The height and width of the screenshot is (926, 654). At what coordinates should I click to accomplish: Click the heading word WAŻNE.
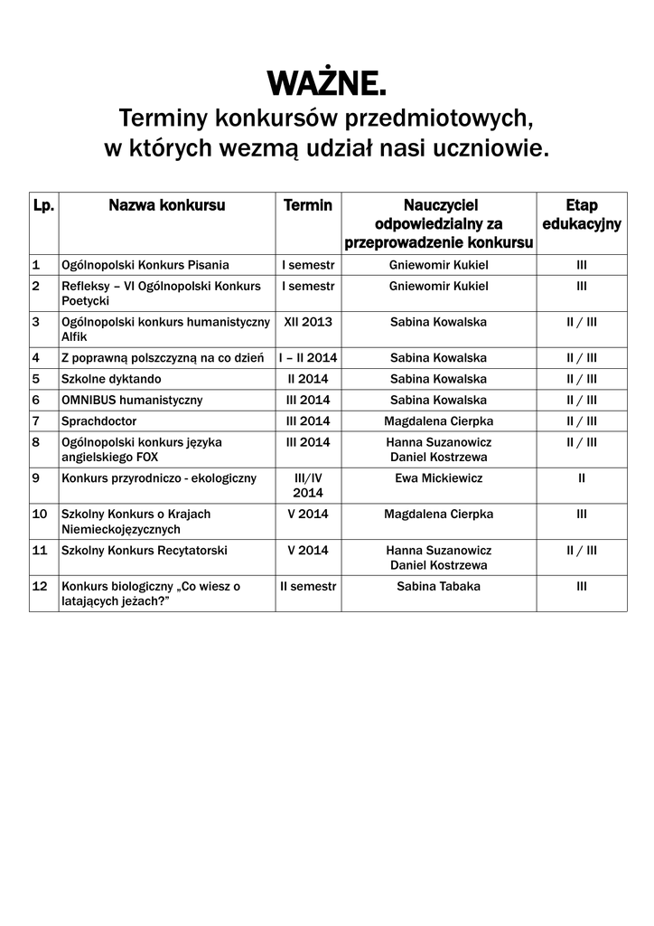pyautogui.click(x=326, y=84)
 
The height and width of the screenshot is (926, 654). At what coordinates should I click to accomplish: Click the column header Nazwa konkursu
pyautogui.click(x=167, y=206)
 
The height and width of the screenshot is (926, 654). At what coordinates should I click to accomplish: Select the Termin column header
pyautogui.click(x=308, y=206)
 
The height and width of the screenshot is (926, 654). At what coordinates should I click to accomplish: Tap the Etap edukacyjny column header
pyautogui.click(x=581, y=215)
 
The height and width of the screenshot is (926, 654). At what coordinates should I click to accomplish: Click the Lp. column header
pyautogui.click(x=43, y=206)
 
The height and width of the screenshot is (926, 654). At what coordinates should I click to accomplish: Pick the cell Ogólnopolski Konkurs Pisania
pyautogui.click(x=145, y=265)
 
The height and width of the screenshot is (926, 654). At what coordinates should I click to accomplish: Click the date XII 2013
pyautogui.click(x=308, y=321)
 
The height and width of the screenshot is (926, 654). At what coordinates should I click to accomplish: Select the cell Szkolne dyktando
pyautogui.click(x=111, y=379)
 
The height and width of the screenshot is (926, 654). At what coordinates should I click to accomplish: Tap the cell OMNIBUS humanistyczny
pyautogui.click(x=132, y=400)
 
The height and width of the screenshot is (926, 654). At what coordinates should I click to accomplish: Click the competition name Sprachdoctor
pyautogui.click(x=96, y=420)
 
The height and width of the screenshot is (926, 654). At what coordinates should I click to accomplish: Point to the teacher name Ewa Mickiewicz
pyautogui.click(x=438, y=477)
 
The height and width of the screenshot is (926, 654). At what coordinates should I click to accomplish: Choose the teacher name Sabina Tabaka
pyautogui.click(x=438, y=586)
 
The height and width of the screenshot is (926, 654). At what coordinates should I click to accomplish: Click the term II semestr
pyautogui.click(x=308, y=586)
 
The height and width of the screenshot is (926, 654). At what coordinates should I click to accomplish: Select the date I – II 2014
pyautogui.click(x=308, y=357)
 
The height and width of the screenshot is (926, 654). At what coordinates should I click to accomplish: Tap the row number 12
pyautogui.click(x=40, y=586)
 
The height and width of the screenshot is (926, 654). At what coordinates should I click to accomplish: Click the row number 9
pyautogui.click(x=36, y=477)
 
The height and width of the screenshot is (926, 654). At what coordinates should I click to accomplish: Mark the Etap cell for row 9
pyautogui.click(x=581, y=477)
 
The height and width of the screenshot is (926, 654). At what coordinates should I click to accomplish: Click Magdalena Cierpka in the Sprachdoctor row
pyautogui.click(x=438, y=420)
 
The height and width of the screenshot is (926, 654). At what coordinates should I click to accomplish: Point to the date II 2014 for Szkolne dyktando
pyautogui.click(x=308, y=379)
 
